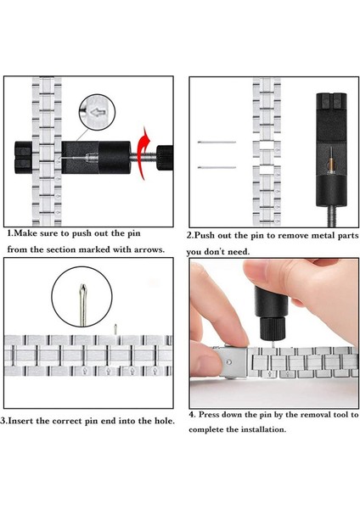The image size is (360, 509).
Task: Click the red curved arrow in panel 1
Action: (143, 153)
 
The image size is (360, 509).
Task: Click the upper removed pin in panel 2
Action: (217, 142)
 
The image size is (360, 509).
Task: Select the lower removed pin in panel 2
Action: (217, 167)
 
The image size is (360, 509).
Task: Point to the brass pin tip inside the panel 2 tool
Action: (331, 163)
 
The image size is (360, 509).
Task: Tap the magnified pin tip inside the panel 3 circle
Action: (83, 305)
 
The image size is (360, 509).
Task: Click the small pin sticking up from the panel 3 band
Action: (115, 329)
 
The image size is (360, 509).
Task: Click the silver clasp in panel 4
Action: (231, 361)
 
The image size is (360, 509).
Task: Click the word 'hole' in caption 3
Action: (165, 421)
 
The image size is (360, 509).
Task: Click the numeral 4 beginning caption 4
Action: (192, 415)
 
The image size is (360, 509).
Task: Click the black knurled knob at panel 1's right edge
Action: (165, 158)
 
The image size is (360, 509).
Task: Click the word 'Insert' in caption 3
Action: (20, 421)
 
